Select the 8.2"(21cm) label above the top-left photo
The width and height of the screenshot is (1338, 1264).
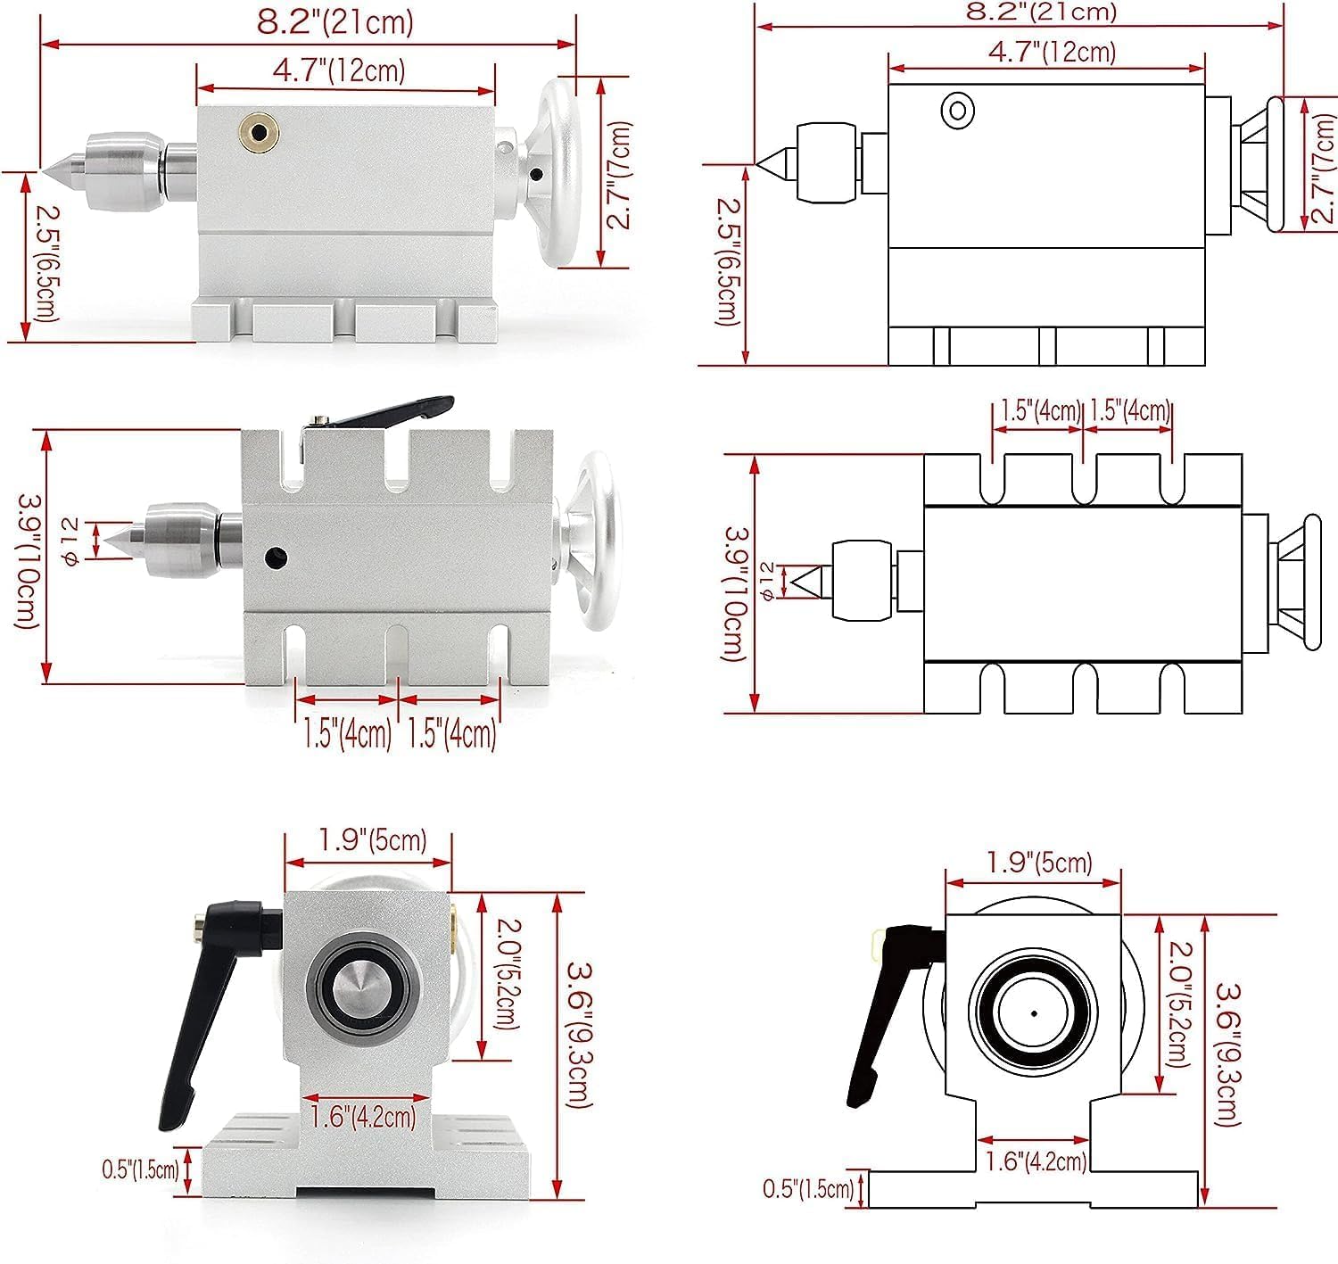(x=334, y=21)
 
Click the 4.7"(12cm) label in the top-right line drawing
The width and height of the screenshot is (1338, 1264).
(x=1052, y=52)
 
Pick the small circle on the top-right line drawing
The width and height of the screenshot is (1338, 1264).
(x=957, y=111)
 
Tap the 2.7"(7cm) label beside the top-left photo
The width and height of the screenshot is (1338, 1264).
(x=618, y=174)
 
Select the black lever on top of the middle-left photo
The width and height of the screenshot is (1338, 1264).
(x=384, y=411)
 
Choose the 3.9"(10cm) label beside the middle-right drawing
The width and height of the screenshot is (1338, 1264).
(x=737, y=592)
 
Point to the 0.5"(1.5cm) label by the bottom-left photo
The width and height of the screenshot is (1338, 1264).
(x=140, y=1169)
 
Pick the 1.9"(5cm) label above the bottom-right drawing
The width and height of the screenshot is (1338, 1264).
(x=1039, y=863)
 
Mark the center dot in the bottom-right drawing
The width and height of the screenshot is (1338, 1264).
(x=1033, y=1013)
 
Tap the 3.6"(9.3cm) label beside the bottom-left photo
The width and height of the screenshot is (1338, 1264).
(x=581, y=1035)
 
